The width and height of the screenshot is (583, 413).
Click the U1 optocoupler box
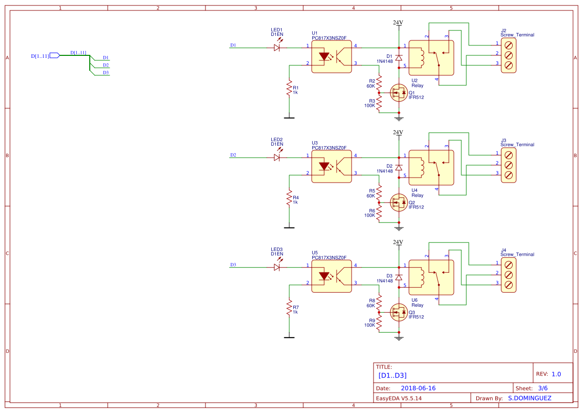pyautogui.click(x=332, y=57)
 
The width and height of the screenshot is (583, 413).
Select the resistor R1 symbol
pyautogui.click(x=289, y=89)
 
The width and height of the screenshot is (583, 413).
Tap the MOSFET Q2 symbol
pyautogui.click(x=398, y=202)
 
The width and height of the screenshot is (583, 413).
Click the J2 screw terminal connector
pyautogui.click(x=508, y=54)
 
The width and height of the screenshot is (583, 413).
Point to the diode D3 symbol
pyautogui.click(x=398, y=276)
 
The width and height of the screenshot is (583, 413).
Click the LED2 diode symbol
pyautogui.click(x=277, y=157)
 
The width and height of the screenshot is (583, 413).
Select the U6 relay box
pyautogui.click(x=431, y=277)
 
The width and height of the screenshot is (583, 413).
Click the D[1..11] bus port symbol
pyautogui.click(x=55, y=56)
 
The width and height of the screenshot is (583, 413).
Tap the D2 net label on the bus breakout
pyautogui.click(x=106, y=65)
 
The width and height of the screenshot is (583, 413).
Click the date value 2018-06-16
pyautogui.click(x=418, y=388)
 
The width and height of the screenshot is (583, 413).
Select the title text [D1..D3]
pyautogui.click(x=393, y=375)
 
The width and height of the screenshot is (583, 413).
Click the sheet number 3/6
pyautogui.click(x=543, y=388)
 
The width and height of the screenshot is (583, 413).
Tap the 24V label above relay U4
pyautogui.click(x=397, y=133)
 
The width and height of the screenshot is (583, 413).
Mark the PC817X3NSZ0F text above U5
pyautogui.click(x=329, y=257)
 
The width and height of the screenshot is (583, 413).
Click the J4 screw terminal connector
pyautogui.click(x=508, y=274)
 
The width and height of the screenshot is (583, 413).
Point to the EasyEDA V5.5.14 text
pyautogui.click(x=398, y=398)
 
